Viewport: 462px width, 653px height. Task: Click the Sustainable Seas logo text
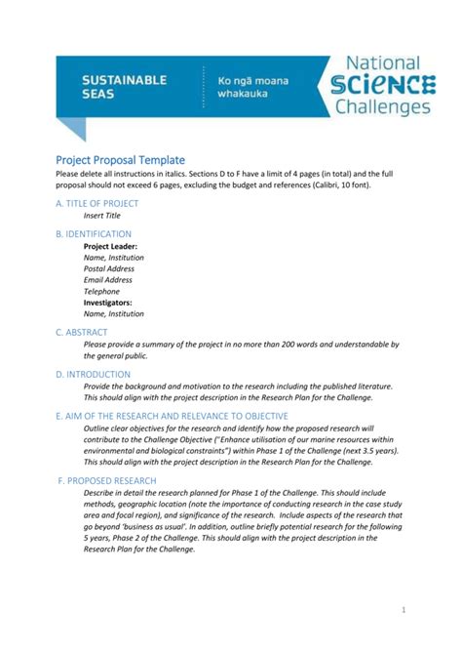pos(124,86)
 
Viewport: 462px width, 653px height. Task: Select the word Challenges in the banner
pos(384,106)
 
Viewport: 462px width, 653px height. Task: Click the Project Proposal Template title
pos(120,159)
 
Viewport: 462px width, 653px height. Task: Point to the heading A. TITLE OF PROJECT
pos(97,203)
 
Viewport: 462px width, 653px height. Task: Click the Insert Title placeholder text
pos(102,215)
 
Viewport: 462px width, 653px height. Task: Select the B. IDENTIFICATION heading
pos(94,234)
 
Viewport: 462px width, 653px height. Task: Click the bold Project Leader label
pos(110,247)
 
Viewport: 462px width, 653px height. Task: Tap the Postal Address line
pos(109,268)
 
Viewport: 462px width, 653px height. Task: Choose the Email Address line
pos(107,280)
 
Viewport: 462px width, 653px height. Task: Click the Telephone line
pos(101,292)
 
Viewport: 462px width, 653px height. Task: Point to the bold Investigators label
pos(107,303)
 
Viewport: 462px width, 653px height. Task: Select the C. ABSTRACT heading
pos(86,333)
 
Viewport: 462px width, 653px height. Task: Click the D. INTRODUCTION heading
pos(94,374)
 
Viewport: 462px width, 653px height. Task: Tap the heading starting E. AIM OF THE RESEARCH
pos(172,416)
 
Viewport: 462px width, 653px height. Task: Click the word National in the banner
pos(384,63)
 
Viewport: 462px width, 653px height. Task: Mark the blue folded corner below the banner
pos(71,128)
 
